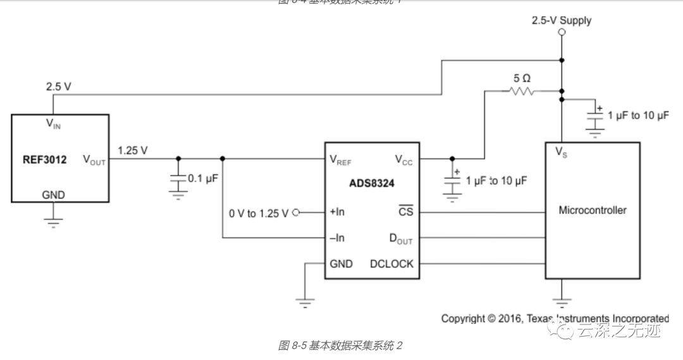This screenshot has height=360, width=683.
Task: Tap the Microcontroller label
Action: (592, 210)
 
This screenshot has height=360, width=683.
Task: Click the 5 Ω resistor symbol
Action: (520, 92)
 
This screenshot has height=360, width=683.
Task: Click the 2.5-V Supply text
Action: (561, 20)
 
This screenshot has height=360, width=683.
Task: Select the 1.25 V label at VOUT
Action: (133, 150)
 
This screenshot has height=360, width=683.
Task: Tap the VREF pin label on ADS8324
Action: (340, 159)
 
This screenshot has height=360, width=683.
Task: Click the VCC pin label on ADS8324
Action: (403, 159)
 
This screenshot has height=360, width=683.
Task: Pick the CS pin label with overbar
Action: (405, 212)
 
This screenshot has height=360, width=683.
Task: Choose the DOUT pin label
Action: (401, 239)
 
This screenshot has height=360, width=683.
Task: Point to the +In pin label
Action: (337, 212)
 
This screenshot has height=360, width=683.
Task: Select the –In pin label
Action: (337, 239)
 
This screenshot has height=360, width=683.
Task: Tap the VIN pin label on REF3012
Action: (53, 124)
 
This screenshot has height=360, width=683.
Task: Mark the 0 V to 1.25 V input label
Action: (259, 213)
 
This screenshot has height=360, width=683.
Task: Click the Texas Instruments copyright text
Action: (555, 318)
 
